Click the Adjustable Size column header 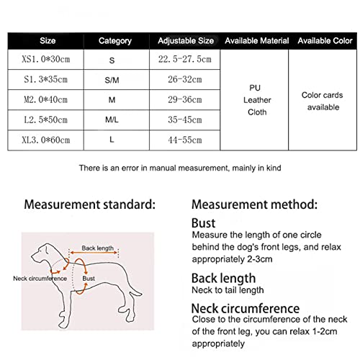186,41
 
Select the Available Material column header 257,41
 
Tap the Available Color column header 325,41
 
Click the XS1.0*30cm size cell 46,59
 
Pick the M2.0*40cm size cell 46,99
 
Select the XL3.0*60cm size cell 46,140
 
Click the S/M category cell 112,80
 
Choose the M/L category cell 112,120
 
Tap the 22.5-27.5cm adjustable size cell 185,59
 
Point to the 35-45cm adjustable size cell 185,120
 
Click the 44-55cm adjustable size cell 185,140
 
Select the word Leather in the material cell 257,100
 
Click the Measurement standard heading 90,204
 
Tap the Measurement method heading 254,204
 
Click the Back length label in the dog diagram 97,248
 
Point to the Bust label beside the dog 89,279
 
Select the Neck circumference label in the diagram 40,279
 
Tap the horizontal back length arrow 94,253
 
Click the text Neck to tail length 228,290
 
